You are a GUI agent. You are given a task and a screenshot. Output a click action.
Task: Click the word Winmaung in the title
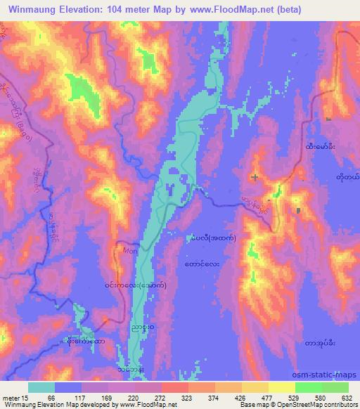tap(33, 9)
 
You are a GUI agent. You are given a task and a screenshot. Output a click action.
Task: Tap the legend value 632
tap(347, 398)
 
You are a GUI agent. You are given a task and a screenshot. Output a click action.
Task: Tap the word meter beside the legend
tap(11, 398)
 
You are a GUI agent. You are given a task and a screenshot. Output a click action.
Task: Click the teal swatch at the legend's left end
tap(41, 387)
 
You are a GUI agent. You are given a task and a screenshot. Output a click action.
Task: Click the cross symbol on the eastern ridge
tap(255, 176)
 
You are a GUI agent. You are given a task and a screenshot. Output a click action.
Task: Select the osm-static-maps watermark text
tap(328, 375)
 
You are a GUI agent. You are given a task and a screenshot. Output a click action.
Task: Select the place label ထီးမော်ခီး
tap(320, 147)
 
